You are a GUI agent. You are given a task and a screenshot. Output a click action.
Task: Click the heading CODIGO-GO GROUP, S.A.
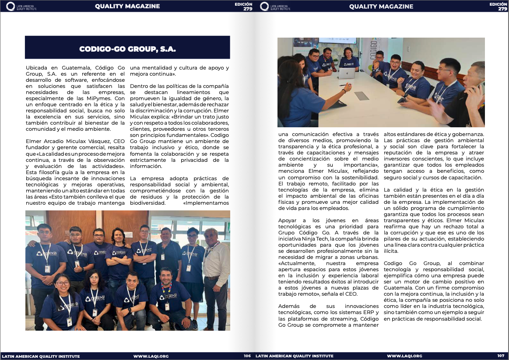[x=127, y=49]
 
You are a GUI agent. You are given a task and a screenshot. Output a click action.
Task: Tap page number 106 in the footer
[x=247, y=356]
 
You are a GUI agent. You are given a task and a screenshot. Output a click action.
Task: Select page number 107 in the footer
[x=501, y=356]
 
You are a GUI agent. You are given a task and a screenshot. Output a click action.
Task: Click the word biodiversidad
[x=147, y=203]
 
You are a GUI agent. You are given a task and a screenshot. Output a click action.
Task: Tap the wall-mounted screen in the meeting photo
[x=337, y=41]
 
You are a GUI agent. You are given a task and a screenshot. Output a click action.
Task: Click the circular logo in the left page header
[x=11, y=7]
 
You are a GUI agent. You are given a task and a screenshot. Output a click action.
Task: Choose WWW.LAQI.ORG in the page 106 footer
[x=151, y=356]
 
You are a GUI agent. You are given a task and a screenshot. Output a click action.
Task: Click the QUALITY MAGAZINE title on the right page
[x=381, y=7]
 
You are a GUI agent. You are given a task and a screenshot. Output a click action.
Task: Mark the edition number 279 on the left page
[x=248, y=9]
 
